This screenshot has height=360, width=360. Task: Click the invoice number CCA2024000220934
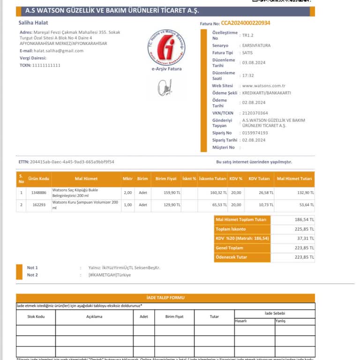coord(246,23)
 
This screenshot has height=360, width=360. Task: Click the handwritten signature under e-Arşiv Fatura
coord(165,87)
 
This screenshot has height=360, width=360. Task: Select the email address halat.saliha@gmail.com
coord(58,51)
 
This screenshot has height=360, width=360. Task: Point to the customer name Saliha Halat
coord(33,22)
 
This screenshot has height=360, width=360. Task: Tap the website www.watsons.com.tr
coord(264,86)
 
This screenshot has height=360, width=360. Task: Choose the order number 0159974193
coord(255,133)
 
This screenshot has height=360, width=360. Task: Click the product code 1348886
coord(38,193)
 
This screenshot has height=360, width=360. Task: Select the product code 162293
coord(38,205)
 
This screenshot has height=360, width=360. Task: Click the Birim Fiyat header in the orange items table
coord(166,179)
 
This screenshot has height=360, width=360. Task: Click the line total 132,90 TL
coord(306,193)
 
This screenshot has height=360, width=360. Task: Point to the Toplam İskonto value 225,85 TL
coord(305,229)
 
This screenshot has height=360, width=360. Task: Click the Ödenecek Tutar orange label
coord(231,257)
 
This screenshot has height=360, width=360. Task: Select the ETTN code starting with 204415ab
coord(72,162)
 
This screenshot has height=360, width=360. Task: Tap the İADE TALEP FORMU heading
coord(165,298)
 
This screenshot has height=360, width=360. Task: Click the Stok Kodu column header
coord(36,316)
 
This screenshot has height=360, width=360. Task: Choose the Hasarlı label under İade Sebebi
coord(240,321)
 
